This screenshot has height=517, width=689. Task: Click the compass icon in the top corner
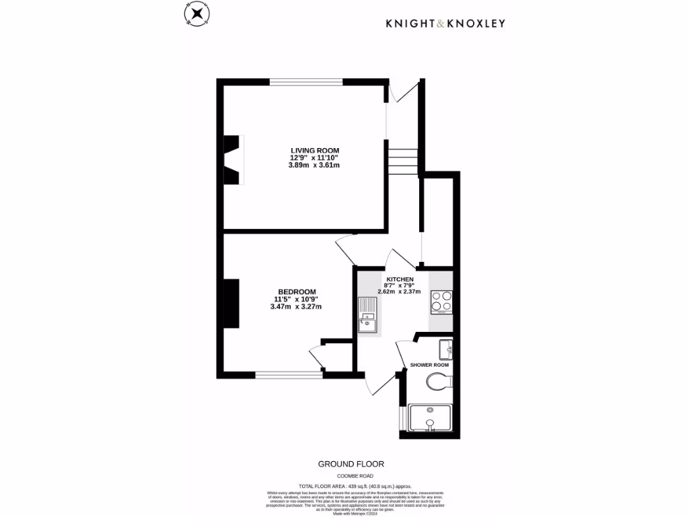pyautogui.click(x=196, y=14)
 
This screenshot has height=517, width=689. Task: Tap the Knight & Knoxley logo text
pyautogui.click(x=445, y=24)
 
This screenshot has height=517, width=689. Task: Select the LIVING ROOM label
pyautogui.click(x=314, y=150)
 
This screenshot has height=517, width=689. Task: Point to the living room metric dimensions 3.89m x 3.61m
pyautogui.click(x=314, y=165)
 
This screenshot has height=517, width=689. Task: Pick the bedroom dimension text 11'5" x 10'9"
pyautogui.click(x=295, y=299)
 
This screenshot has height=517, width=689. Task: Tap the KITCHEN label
pyautogui.click(x=399, y=279)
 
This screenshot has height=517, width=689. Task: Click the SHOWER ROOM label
pyautogui.click(x=429, y=365)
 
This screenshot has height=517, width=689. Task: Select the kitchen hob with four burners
pyautogui.click(x=442, y=302)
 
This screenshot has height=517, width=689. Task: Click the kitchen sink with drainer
pyautogui.click(x=367, y=316)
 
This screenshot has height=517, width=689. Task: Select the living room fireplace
pyautogui.click(x=232, y=159)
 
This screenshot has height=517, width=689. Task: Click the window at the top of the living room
pyautogui.click(x=306, y=82)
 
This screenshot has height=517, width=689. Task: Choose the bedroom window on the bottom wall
pyautogui.click(x=289, y=374)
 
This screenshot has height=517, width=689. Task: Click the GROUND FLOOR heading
pyautogui.click(x=351, y=464)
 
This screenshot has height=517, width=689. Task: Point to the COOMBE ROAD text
pyautogui.click(x=351, y=476)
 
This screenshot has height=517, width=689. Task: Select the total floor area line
pyautogui.click(x=355, y=485)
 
